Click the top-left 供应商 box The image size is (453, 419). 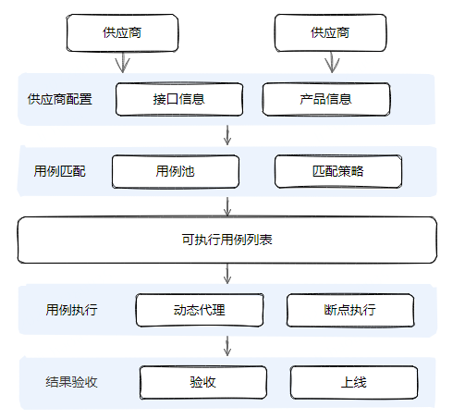click(x=122, y=32)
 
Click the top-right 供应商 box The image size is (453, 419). click(x=330, y=32)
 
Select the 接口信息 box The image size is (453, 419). click(x=179, y=99)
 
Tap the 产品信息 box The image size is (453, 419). click(x=326, y=99)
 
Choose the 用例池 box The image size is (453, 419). click(x=175, y=171)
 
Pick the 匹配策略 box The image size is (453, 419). click(x=338, y=171)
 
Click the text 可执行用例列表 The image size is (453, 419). click(x=226, y=240)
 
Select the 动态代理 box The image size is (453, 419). click(x=200, y=310)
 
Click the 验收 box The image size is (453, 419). click(x=203, y=381)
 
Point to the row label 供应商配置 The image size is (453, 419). click(x=60, y=99)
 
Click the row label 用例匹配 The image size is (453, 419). click(x=59, y=171)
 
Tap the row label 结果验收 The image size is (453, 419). click(x=71, y=381)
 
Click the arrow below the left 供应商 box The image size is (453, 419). click(x=122, y=62)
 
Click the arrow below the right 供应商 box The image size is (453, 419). click(x=332, y=62)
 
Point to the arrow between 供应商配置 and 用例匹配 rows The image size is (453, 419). click(x=226, y=135)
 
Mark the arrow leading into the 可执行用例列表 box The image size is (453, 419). click(x=226, y=205)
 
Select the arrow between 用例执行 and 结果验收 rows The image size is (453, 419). click(x=226, y=346)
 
